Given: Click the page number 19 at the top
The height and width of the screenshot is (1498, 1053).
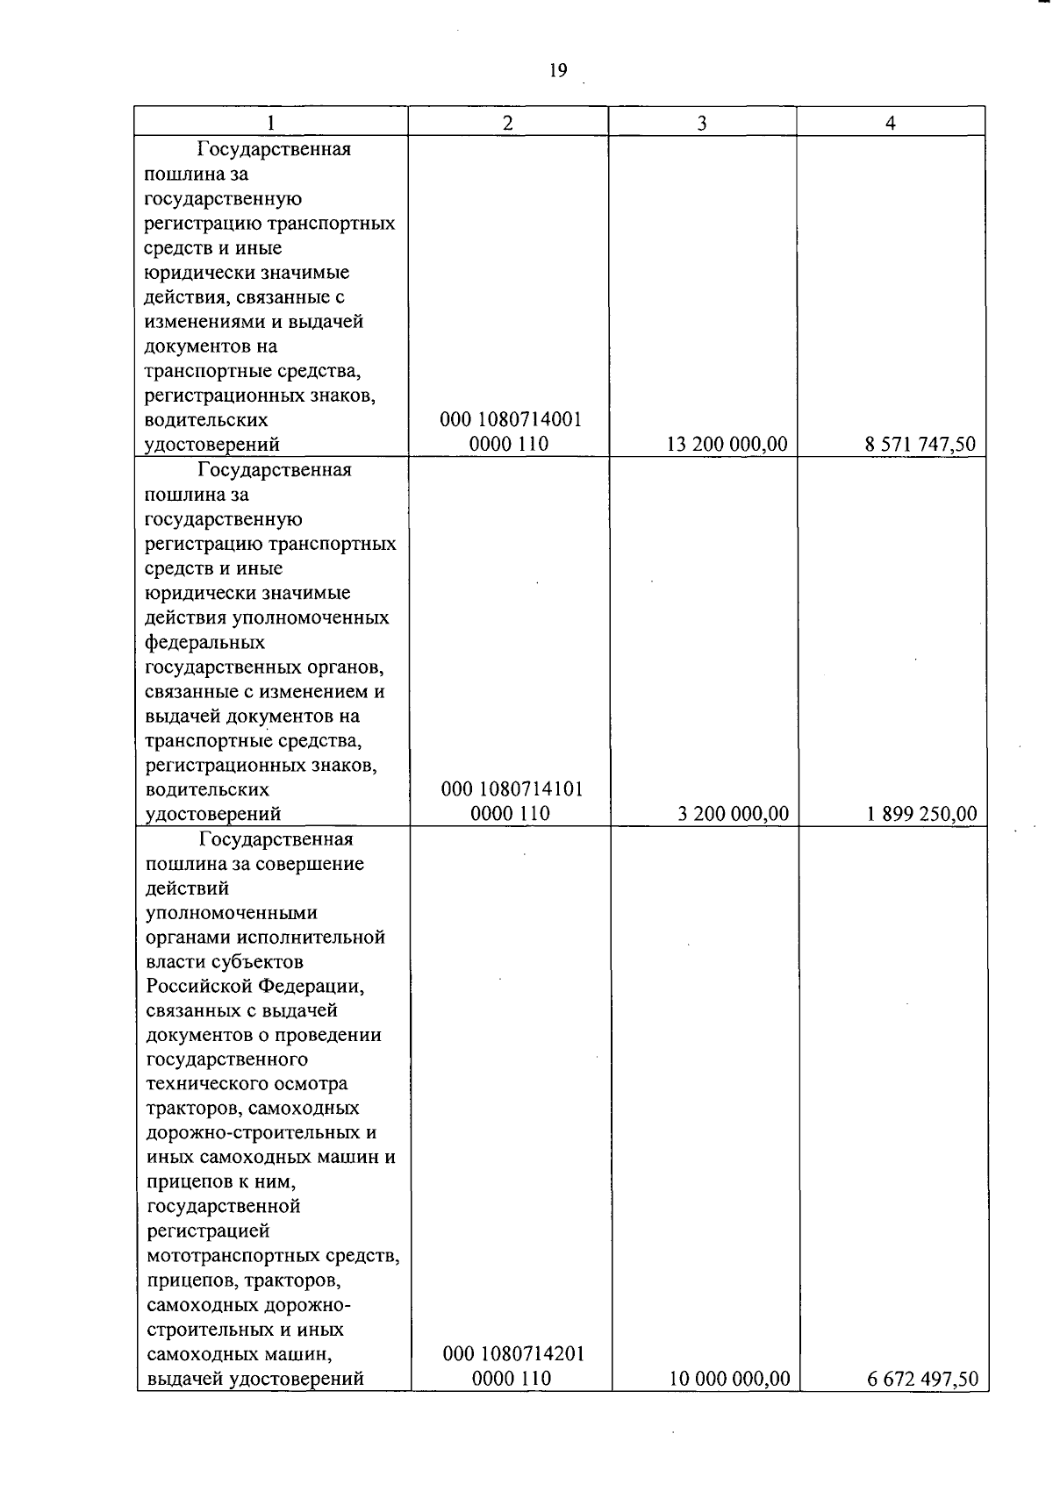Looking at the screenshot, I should coord(558,71).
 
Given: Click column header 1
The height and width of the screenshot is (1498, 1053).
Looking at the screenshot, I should coord(271,123).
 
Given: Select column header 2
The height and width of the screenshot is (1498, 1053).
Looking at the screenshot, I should coord(507,123).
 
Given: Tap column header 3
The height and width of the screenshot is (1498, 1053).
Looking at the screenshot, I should coord(702,123).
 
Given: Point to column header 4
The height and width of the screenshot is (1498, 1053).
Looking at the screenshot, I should coord(890,123).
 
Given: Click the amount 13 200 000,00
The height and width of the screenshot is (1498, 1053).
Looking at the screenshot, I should coord(727,445).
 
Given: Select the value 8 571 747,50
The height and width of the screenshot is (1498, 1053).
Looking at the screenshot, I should coord(920,445).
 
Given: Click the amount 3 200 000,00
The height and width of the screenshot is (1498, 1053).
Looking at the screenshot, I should coord(733,815).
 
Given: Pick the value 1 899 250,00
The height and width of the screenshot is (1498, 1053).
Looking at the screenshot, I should coord(921,815).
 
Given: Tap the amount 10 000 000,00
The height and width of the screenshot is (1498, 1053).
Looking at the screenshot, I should coord(729,1380).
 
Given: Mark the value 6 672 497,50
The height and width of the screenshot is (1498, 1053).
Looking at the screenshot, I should coord(922,1380).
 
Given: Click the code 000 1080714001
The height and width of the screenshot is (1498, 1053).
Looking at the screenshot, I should coord(510,420).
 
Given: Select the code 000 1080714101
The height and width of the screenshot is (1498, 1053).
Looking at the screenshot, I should coord(512,789).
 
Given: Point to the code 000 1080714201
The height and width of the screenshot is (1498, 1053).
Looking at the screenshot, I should coord(513,1355).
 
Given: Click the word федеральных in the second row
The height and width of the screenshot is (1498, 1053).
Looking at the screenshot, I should coord(204,643).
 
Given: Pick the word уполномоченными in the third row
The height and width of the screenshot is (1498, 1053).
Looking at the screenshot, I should coord(232,913).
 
